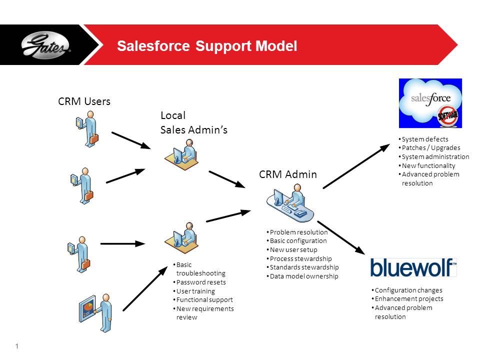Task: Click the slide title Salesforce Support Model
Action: tap(206, 46)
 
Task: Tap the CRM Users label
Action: tap(84, 101)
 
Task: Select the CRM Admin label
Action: tap(287, 174)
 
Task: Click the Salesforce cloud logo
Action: tap(430, 103)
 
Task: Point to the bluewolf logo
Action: tap(413, 267)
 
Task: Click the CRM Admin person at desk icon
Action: tap(291, 203)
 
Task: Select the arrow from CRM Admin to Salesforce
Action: tap(356, 166)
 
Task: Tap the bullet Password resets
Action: tap(201, 282)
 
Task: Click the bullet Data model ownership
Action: tap(303, 276)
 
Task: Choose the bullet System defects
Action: tap(425, 139)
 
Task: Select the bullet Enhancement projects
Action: tap(408, 299)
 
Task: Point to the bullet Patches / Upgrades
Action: tap(431, 147)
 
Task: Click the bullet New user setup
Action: tap(293, 249)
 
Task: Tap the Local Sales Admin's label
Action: tap(193, 123)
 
